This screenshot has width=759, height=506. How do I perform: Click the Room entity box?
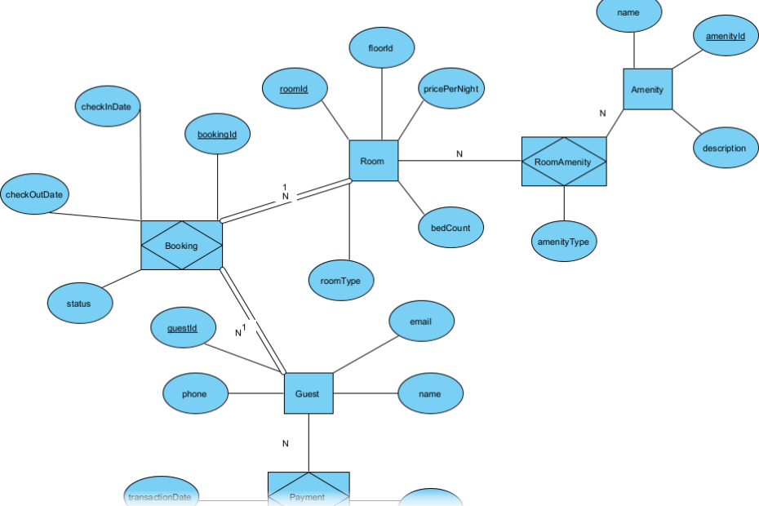coord(373,161)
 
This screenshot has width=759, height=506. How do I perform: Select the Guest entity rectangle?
coord(308,393)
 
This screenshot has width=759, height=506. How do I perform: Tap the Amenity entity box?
coord(647,90)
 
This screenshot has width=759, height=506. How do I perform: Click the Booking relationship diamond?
coord(181,245)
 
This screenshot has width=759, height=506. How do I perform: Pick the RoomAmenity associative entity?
coord(564,162)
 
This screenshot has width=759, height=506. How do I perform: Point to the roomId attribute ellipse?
coord(294,88)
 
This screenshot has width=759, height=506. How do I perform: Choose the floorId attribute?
coord(381,49)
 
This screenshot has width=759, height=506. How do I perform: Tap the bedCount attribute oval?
coord(451,228)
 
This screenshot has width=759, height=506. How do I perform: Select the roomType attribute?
coord(341,281)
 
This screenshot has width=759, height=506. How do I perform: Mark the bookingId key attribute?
coord(217,133)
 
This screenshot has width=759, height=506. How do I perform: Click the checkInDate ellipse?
coord(111,108)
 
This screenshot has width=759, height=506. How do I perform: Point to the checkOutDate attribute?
coord(34,195)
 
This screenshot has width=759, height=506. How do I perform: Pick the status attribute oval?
coord(79,304)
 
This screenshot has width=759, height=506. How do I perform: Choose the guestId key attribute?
coord(181,328)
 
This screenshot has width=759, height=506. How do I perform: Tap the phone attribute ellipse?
coord(194,394)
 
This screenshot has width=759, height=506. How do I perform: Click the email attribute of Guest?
coord(420,322)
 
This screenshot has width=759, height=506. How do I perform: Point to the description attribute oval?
coord(724,149)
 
